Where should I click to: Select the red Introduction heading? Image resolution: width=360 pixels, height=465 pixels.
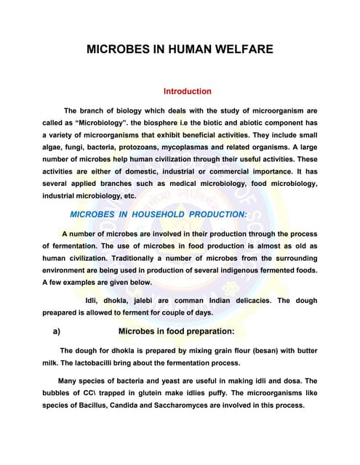point(187,92)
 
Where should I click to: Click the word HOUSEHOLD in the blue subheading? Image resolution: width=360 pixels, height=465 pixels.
point(151,214)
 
